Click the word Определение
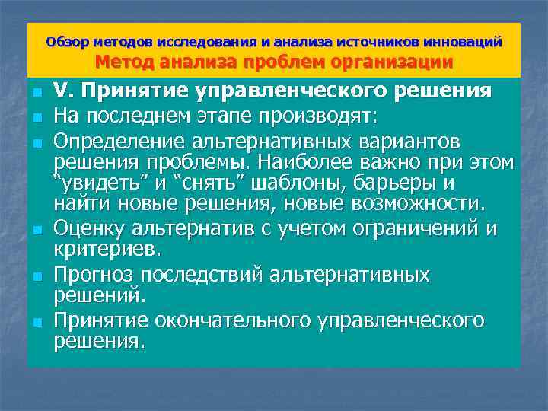127,142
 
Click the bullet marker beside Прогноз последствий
36,274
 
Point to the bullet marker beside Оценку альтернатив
36,228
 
